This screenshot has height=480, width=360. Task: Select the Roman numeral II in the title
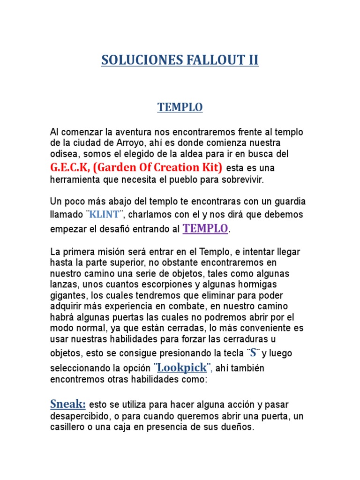click(x=253, y=60)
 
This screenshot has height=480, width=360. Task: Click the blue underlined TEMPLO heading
click(x=180, y=107)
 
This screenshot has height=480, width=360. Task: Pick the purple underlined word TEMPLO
click(x=205, y=228)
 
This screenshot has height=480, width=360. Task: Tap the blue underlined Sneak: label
click(x=67, y=404)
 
